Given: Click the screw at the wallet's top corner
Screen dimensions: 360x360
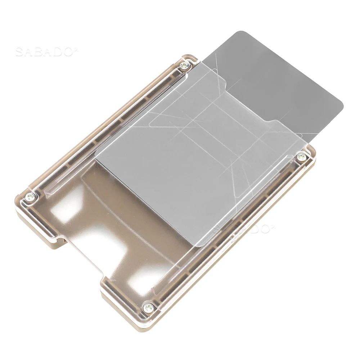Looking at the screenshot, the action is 185,66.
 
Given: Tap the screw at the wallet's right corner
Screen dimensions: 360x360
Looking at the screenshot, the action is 301,157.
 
